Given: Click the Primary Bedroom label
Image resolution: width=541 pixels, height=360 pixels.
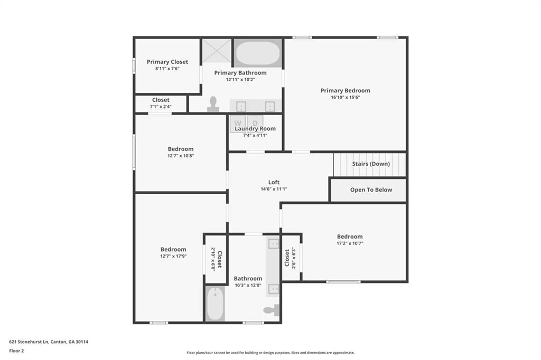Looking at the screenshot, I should coord(345,91).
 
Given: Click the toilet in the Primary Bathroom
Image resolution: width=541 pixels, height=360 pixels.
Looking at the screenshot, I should coord(213,103).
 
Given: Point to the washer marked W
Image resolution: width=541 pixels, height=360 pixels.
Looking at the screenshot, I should coord(238,122).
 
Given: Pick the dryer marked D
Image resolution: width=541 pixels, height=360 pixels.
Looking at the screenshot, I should coord(255,122).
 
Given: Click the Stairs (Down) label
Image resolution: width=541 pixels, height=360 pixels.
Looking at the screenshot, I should coord(371,164).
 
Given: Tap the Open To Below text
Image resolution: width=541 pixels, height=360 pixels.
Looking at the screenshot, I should coord(371,190).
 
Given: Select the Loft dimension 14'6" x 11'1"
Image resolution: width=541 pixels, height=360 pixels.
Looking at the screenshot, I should coord(274,189).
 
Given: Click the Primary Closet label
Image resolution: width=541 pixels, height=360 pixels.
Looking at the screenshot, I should coord(167,62).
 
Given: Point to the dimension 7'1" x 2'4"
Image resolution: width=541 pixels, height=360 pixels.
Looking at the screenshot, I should coord(161,107).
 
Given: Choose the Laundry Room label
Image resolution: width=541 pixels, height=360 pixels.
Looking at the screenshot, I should coord(255,129).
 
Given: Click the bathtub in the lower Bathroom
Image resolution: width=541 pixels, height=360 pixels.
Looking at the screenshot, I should coord(215,304).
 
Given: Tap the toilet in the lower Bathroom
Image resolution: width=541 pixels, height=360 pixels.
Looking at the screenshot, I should coord(272,310).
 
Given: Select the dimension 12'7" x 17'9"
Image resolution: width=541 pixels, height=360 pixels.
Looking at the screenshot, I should coord(173,256).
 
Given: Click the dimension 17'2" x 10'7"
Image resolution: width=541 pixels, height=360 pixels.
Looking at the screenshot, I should coord(350,243).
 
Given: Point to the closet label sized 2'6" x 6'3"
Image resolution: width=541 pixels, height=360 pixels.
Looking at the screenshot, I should coord(287,258).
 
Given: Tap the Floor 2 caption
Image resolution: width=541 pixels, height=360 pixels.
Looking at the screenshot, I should coord(16,350).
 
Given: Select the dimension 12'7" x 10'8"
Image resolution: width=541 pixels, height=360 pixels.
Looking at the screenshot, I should coord(181,156).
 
